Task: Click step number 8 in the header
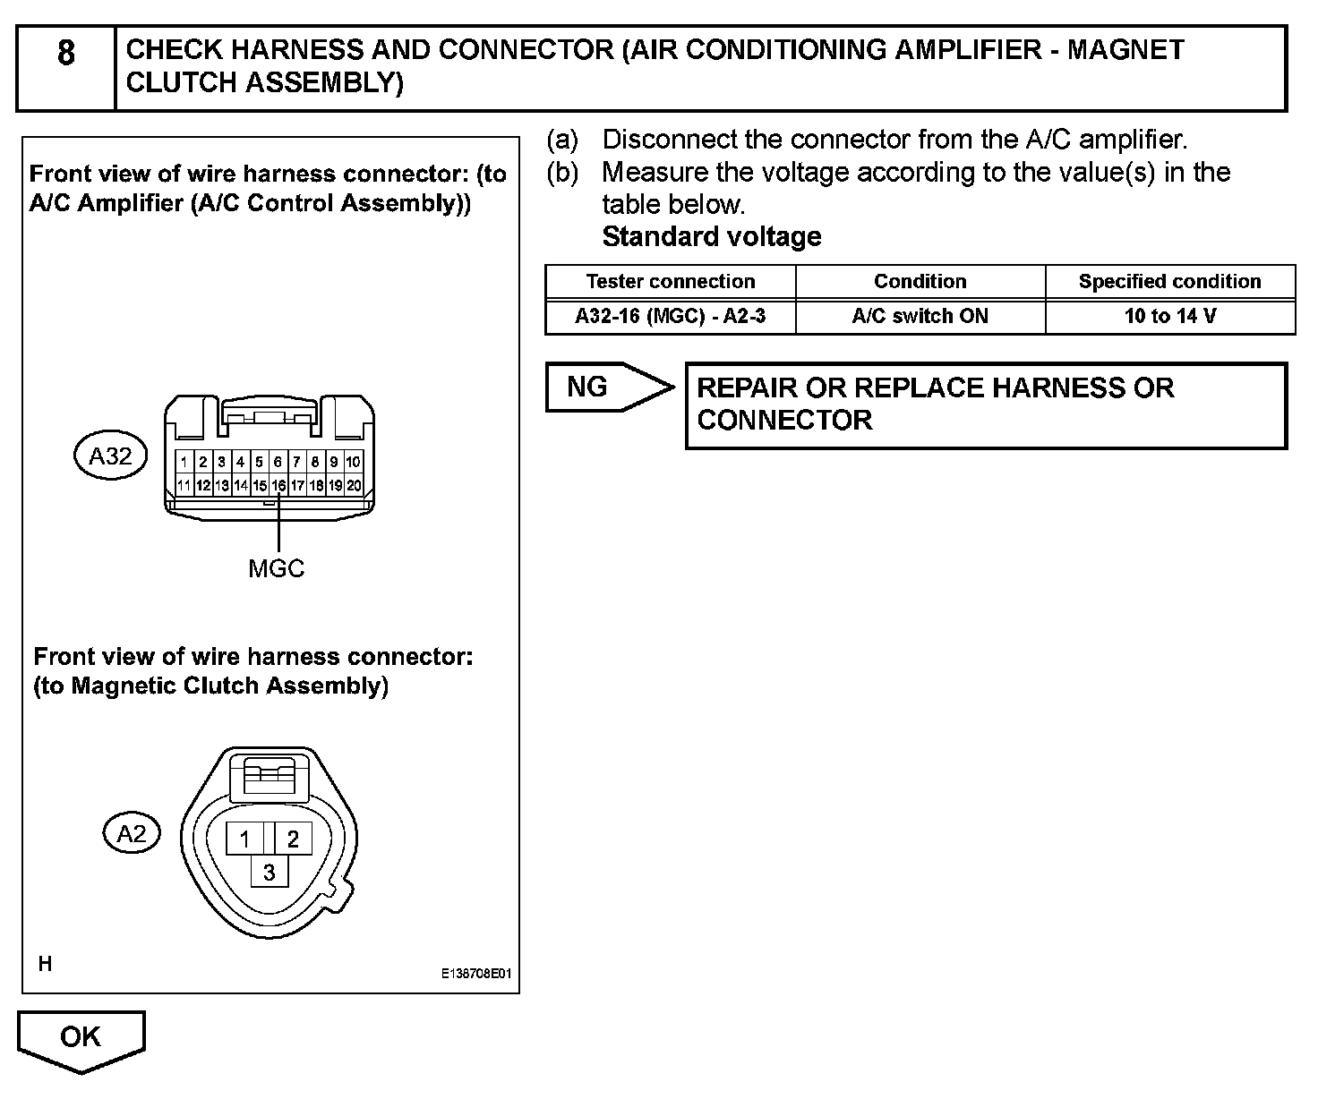click(x=66, y=54)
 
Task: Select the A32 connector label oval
click(x=110, y=456)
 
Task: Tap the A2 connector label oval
click(x=132, y=834)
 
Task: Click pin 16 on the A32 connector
click(x=278, y=486)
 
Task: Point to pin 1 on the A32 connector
click(x=184, y=463)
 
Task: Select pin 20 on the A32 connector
click(x=354, y=486)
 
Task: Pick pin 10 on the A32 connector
click(x=354, y=463)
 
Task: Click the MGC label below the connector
click(x=276, y=568)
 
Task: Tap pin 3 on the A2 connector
click(x=269, y=871)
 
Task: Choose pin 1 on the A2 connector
click(x=244, y=839)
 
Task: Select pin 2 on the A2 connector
click(x=293, y=839)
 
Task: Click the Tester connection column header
click(x=670, y=282)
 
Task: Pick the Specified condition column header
click(x=1169, y=282)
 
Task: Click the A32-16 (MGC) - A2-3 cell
click(x=670, y=316)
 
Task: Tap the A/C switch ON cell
click(x=920, y=316)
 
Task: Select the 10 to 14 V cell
click(x=1169, y=316)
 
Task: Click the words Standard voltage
click(x=712, y=237)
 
